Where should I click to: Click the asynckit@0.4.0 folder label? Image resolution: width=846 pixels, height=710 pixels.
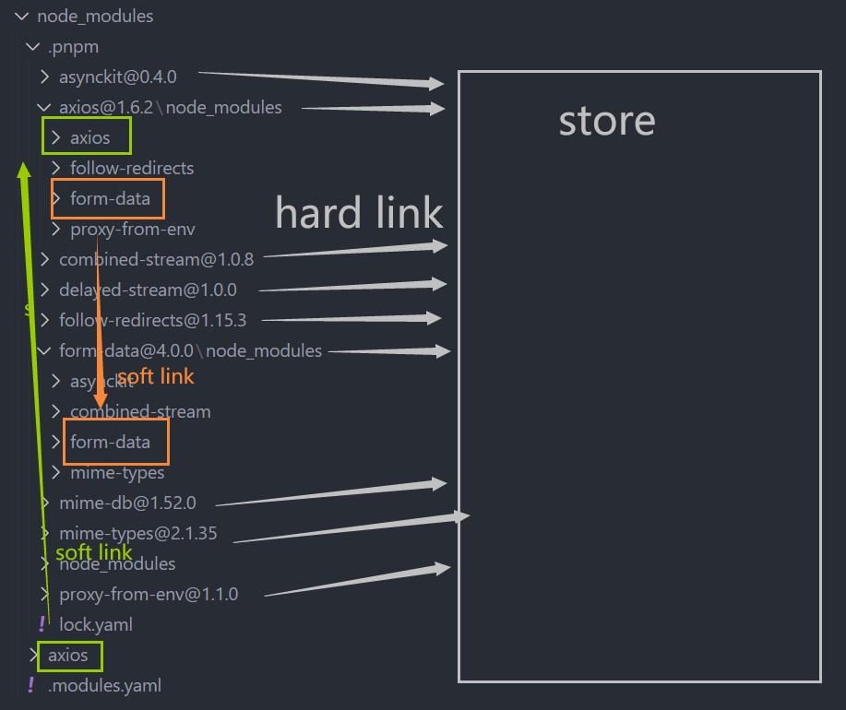(x=117, y=77)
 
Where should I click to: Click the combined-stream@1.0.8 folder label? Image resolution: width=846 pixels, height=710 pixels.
(x=156, y=259)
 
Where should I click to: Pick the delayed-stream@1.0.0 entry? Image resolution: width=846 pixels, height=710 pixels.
(x=148, y=290)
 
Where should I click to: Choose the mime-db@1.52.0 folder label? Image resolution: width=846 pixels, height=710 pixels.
(x=127, y=503)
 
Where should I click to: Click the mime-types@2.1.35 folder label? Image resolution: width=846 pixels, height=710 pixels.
(x=137, y=533)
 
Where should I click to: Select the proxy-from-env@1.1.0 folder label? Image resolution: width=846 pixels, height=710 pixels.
(x=149, y=594)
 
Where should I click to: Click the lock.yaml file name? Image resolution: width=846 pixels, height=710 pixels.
(x=96, y=624)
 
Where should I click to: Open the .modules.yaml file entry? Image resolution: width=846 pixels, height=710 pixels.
(x=104, y=685)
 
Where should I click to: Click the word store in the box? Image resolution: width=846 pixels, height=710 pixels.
(x=607, y=121)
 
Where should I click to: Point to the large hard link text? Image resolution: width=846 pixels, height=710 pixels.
(x=359, y=213)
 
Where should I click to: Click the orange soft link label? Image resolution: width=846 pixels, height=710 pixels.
(x=155, y=376)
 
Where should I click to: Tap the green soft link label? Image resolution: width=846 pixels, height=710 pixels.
(x=94, y=552)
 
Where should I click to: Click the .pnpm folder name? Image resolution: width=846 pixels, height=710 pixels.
(x=73, y=46)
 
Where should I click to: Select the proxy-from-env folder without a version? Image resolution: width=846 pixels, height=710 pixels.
(x=132, y=229)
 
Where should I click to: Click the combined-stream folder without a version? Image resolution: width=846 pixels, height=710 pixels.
(x=140, y=411)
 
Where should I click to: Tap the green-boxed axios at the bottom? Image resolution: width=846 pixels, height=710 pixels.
(x=68, y=656)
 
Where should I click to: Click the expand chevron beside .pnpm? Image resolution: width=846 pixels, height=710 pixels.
(x=34, y=46)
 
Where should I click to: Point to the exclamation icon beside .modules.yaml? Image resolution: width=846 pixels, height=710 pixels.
(x=30, y=685)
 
